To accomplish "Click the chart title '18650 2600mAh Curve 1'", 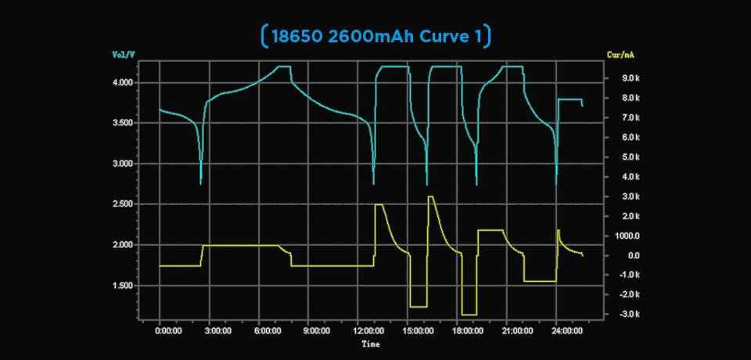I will click(375, 35).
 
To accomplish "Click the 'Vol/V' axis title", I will click(124, 55).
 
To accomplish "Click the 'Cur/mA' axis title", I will click(620, 55).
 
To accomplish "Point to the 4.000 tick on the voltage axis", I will click(123, 82).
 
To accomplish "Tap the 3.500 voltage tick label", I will click(123, 123).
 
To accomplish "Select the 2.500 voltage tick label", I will click(123, 204).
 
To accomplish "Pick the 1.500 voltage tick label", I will click(123, 286).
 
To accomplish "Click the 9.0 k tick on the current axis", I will click(631, 78).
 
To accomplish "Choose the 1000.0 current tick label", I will click(629, 236).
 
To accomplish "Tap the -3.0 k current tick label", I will click(630, 315).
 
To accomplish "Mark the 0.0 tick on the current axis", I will click(634, 256).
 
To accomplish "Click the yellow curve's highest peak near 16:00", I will click(431, 196).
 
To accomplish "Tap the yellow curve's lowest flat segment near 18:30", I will click(469, 315).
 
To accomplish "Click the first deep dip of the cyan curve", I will click(201, 183).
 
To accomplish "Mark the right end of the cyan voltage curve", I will click(582, 106).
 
